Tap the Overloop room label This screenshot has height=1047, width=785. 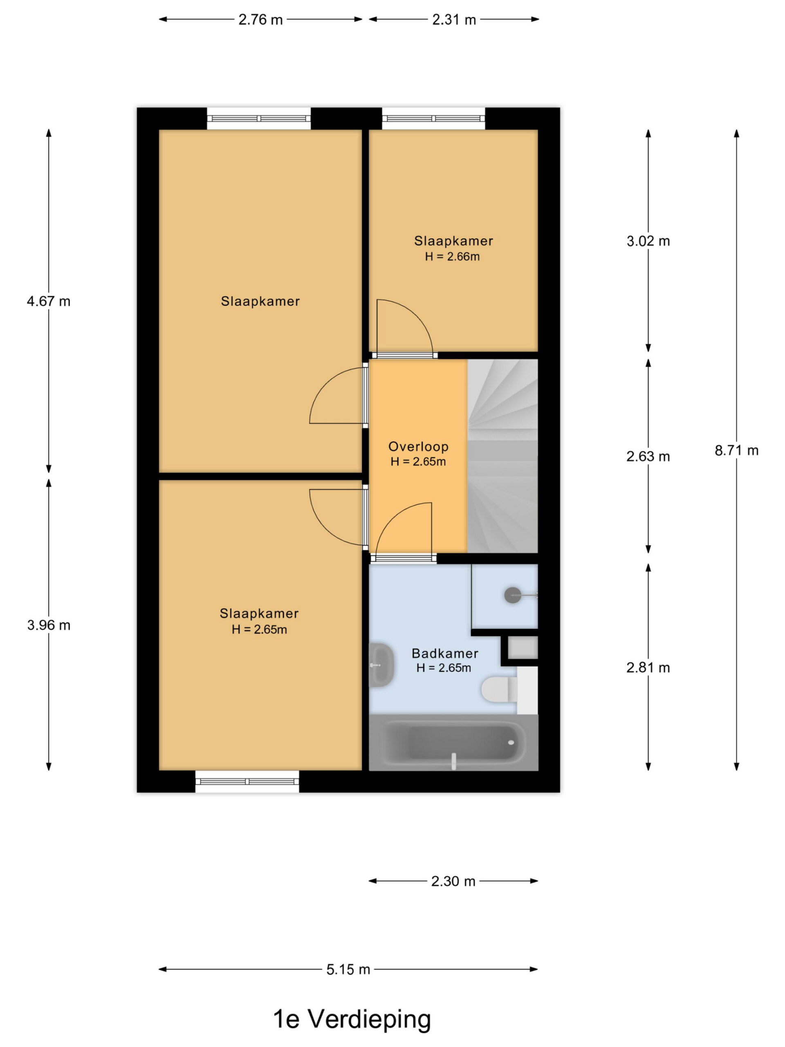(x=418, y=446)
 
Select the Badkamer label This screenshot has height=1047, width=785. (x=445, y=653)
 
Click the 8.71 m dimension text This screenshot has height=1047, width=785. (x=736, y=450)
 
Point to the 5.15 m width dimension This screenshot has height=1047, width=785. (x=348, y=969)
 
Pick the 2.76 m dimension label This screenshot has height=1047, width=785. (x=260, y=19)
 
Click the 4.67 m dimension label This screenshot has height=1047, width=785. (x=49, y=301)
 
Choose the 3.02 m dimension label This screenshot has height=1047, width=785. (x=648, y=241)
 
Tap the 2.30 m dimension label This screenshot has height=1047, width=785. (x=453, y=881)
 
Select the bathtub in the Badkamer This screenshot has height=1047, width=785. (x=453, y=742)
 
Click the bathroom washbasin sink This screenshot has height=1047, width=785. (x=381, y=665)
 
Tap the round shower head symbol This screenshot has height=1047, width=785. (x=512, y=595)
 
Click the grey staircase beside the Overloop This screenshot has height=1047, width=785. (x=502, y=456)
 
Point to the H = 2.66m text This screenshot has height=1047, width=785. (x=452, y=256)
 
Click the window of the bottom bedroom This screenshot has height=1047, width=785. (x=247, y=782)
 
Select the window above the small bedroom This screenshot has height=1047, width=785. (x=433, y=118)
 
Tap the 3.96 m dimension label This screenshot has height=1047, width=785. (x=49, y=625)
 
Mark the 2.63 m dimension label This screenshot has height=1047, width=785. (x=648, y=456)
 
